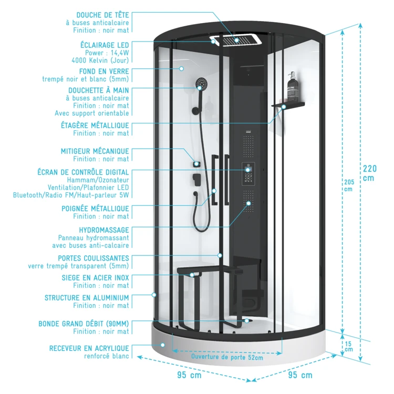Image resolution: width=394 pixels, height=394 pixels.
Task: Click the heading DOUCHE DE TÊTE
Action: coord(102,15)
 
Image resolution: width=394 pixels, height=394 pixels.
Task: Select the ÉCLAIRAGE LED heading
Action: coord(103,45)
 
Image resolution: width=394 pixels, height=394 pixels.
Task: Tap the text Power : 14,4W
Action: coord(107,53)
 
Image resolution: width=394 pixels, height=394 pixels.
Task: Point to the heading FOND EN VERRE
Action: coord(103,71)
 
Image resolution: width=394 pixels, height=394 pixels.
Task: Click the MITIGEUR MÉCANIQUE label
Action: coord(95,151)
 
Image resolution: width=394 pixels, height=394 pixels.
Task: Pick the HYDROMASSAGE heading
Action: coord(103,230)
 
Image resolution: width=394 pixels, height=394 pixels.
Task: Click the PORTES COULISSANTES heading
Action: coord(94,258)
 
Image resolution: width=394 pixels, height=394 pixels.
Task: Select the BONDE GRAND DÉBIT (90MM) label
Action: coord(84,324)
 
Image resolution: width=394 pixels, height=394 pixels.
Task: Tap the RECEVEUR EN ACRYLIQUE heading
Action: coord(89,348)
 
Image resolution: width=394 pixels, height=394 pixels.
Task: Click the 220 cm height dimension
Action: coord(370,173)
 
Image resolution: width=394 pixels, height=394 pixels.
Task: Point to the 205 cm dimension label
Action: coord(348,185)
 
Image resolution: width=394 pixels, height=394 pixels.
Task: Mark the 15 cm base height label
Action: coord(348,346)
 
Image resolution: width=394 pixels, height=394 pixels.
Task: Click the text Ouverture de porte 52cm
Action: coord(227,357)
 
